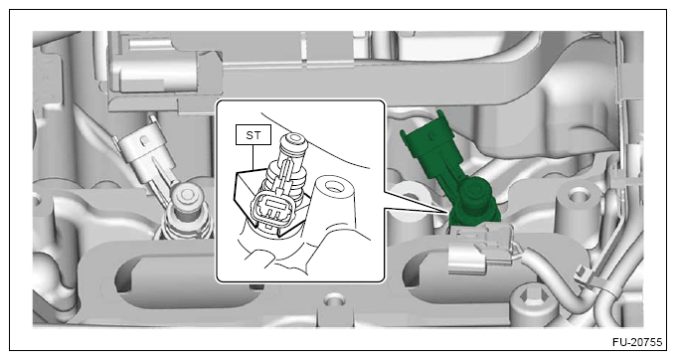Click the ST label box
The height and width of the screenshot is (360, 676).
point(253,134)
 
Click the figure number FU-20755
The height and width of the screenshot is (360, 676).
point(637,342)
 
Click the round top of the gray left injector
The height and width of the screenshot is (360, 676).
point(186,196)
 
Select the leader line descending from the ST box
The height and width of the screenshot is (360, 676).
point(253,156)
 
